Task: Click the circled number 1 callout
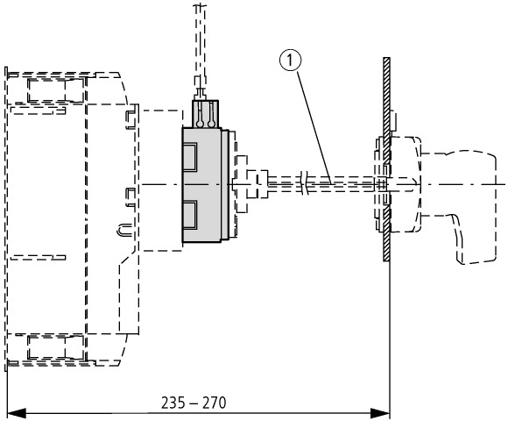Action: coord(290,61)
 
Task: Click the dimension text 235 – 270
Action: coord(194,403)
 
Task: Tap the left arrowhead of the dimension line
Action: coord(16,413)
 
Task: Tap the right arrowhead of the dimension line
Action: coord(380,413)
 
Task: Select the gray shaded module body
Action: coord(201,185)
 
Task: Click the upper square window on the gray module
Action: coord(189,157)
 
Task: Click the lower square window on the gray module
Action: coord(189,214)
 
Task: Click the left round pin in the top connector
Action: coord(200,124)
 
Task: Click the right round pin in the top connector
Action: coord(212,124)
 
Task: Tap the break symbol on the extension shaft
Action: coord(304,183)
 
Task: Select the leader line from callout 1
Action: coord(314,127)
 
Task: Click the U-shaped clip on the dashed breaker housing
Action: coord(124,229)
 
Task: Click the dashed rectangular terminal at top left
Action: coord(56,91)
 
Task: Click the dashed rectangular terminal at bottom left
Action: coord(56,347)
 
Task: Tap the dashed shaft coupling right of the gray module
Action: coord(257,184)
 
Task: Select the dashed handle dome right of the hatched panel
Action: coord(406,184)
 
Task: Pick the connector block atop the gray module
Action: coord(206,113)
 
